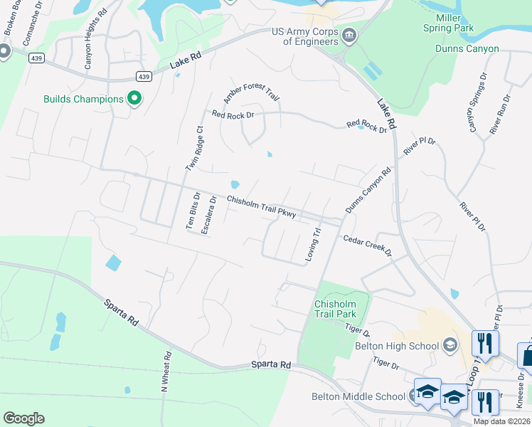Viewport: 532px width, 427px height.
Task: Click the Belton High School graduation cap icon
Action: pos(449,346)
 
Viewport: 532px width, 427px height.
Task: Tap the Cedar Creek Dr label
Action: pos(368,246)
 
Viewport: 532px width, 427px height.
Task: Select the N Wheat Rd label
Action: pos(166,372)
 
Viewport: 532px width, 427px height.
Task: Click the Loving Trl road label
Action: pos(313,244)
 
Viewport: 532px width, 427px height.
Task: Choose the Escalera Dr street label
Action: pos(207,216)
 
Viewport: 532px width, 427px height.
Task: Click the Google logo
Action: pos(23,418)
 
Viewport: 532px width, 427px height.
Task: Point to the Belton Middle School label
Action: pos(358,396)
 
